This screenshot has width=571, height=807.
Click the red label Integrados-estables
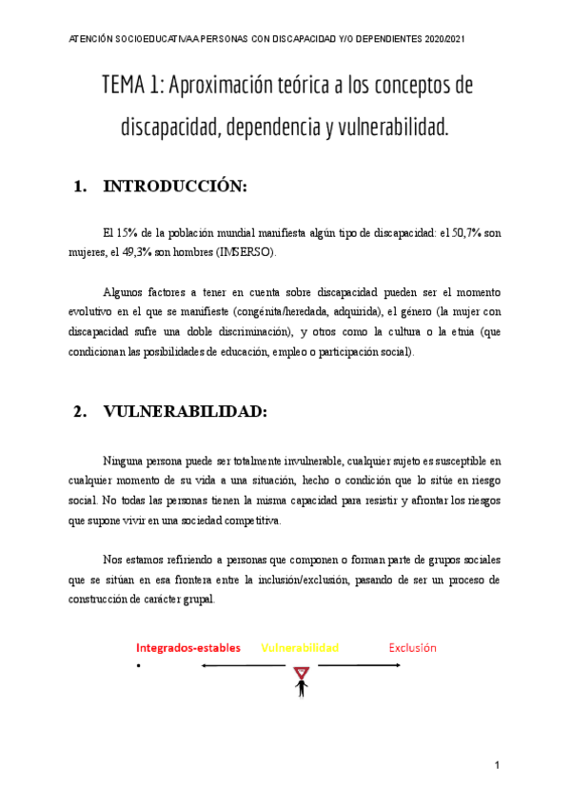click(x=188, y=648)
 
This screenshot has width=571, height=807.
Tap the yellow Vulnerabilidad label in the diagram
click(x=300, y=648)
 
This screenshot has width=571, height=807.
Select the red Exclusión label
click(x=412, y=648)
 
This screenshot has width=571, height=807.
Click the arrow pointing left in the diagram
click(x=243, y=665)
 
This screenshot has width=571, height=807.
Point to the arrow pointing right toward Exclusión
click(x=359, y=665)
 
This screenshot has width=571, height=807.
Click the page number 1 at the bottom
click(x=497, y=765)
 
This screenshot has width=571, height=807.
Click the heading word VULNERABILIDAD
click(x=185, y=412)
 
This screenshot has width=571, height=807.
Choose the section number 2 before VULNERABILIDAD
click(x=77, y=412)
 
